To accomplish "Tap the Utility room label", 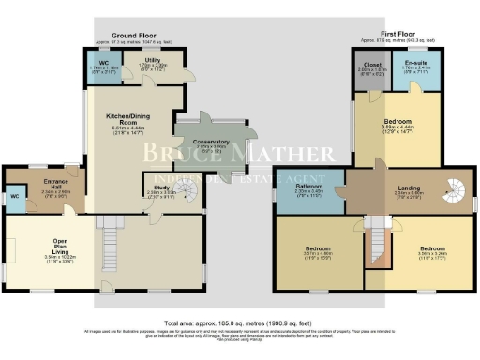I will pyautogui.click(x=155, y=63).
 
